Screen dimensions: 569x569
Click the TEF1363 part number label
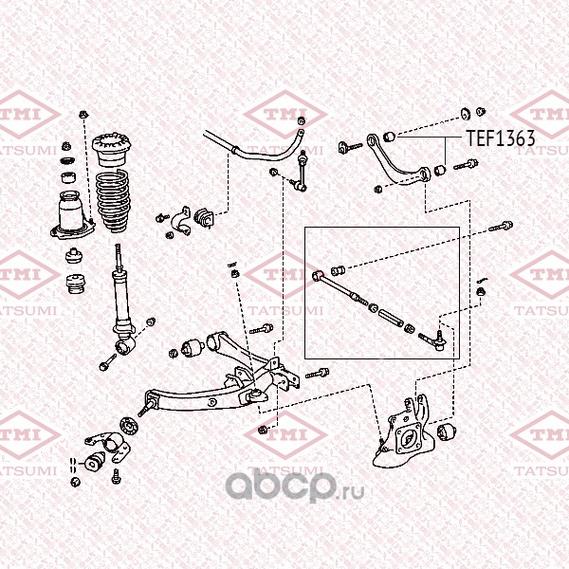coord(501,138)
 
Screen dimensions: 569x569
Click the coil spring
coord(114,201)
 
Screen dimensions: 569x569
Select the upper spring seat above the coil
coord(111,149)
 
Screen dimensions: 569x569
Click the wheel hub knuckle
coord(404,434)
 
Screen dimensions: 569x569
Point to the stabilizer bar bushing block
coord(204,218)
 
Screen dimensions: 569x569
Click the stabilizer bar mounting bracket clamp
coord(181,221)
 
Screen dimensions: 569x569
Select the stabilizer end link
coord(300,172)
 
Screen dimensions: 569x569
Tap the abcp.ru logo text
coord(295,486)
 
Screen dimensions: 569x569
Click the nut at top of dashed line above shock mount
coord(83,115)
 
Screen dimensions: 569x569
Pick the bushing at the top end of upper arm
coord(390,136)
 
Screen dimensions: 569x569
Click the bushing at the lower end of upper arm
coord(439,170)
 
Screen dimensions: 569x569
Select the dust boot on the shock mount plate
coord(70,211)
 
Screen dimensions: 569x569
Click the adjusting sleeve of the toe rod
coord(391,317)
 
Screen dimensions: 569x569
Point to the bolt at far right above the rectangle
coord(501,226)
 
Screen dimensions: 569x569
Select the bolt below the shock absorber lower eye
coord(107,362)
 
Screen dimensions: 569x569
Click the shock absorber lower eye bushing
coord(125,345)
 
